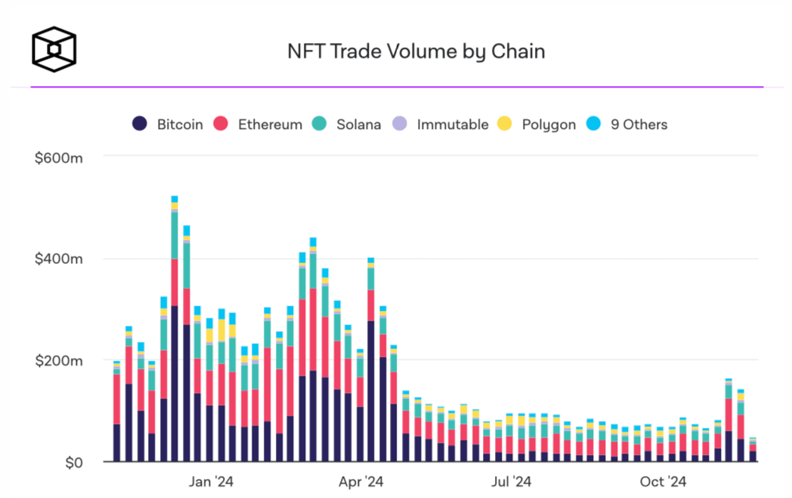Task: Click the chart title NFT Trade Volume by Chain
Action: [x=416, y=51]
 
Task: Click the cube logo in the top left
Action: [x=54, y=50]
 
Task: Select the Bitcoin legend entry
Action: [x=169, y=124]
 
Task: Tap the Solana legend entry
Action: [x=348, y=124]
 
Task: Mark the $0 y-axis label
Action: [x=72, y=462]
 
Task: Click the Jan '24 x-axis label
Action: [x=211, y=481]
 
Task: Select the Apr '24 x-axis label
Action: [x=361, y=481]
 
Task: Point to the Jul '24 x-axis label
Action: [x=512, y=481]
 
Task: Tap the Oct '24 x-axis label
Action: [x=663, y=481]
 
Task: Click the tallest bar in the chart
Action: [x=175, y=332]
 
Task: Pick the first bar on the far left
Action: [x=117, y=411]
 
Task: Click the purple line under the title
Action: [x=397, y=87]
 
